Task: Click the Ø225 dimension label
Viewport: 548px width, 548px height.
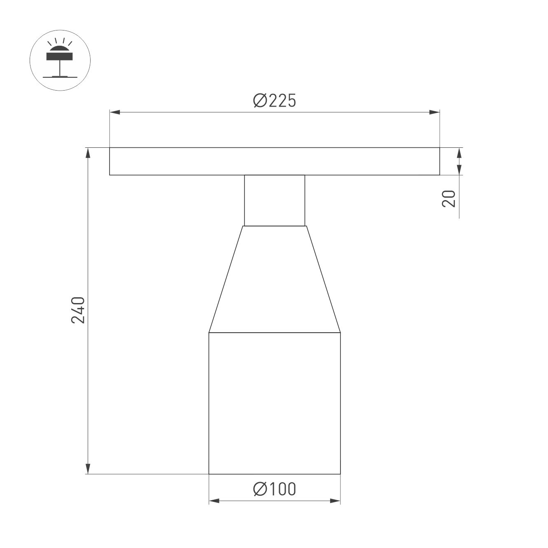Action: click(275, 100)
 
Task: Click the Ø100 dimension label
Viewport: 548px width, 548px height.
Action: click(275, 489)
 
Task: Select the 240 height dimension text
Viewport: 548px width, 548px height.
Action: click(78, 310)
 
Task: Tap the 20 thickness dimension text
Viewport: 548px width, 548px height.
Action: click(449, 198)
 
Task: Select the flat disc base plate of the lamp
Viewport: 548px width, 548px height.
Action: click(275, 161)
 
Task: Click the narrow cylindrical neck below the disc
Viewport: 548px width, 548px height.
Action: click(275, 200)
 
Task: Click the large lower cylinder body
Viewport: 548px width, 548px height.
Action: click(275, 403)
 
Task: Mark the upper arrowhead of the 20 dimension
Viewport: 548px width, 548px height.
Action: click(459, 153)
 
